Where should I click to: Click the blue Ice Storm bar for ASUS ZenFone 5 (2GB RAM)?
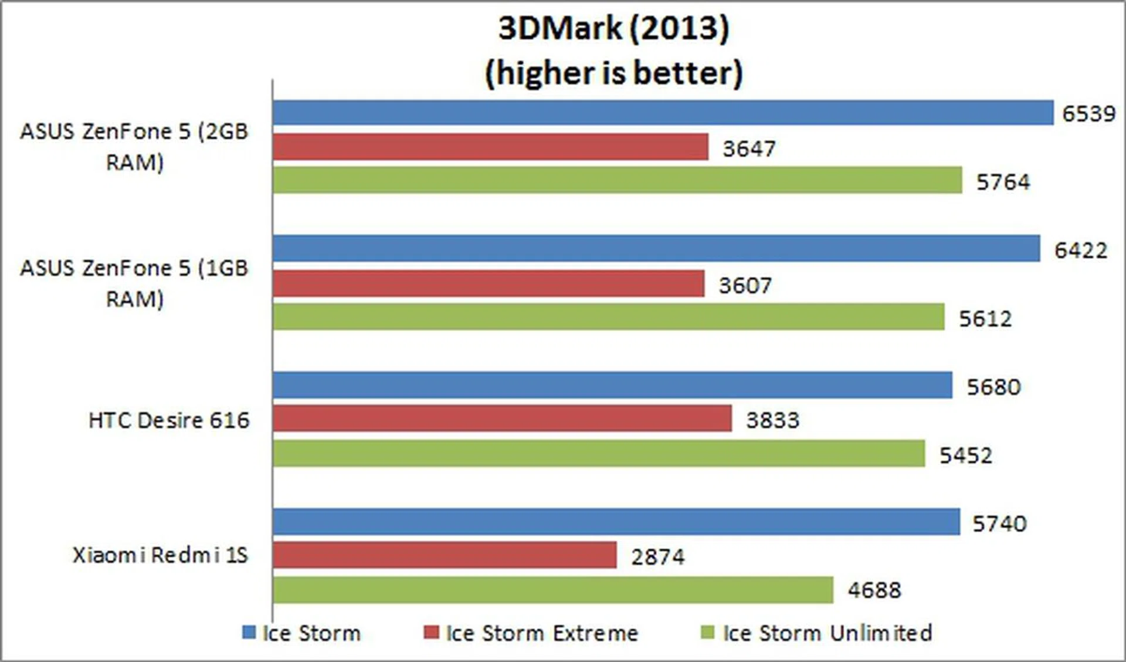tap(663, 113)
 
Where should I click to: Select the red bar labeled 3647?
tap(490, 147)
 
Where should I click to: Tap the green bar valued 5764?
tap(617, 180)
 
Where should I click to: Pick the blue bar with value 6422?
tap(656, 248)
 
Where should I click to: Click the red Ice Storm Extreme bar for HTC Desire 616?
tap(502, 418)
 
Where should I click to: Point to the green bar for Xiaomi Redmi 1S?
tap(552, 590)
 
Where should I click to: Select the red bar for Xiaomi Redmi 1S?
tap(445, 555)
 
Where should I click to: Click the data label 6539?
tap(1088, 114)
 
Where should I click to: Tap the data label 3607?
tap(745, 286)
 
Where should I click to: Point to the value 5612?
tap(985, 319)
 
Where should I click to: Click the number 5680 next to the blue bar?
tap(993, 387)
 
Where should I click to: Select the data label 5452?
tap(965, 455)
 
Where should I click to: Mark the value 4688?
tap(874, 590)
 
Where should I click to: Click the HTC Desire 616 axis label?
tap(169, 420)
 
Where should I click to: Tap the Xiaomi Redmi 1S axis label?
tap(160, 555)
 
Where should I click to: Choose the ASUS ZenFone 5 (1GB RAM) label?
tap(134, 283)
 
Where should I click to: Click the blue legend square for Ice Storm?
tap(249, 633)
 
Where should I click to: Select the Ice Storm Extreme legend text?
tap(541, 633)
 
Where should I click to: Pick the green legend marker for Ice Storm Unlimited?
tap(708, 633)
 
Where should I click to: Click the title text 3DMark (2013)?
tap(613, 28)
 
